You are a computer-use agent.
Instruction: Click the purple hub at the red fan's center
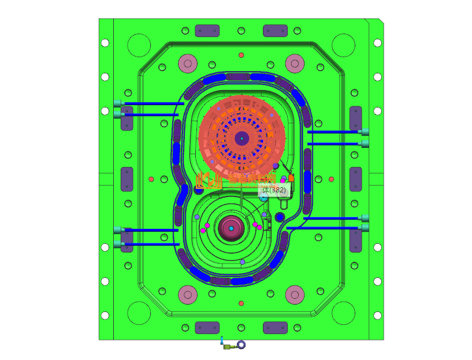click(x=241, y=138)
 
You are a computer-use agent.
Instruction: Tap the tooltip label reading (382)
click(x=273, y=189)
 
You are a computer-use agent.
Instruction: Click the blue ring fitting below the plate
click(x=241, y=345)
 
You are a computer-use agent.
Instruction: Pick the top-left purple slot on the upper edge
click(x=207, y=31)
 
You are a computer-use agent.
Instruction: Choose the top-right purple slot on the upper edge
click(x=275, y=31)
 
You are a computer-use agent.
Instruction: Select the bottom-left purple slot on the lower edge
click(x=207, y=328)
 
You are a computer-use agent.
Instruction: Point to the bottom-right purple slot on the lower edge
click(x=275, y=328)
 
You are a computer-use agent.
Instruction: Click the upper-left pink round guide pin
click(x=188, y=62)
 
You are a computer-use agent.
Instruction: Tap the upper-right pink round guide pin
click(x=295, y=62)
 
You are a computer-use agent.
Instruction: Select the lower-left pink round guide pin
click(x=188, y=295)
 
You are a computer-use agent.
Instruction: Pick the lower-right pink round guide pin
click(x=295, y=295)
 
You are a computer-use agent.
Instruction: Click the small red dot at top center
click(x=241, y=55)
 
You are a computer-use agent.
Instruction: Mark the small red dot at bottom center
click(x=241, y=303)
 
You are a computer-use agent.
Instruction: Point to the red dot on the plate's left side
click(x=151, y=179)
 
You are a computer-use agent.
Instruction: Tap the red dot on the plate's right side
click(x=331, y=179)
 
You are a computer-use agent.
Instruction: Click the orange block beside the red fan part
click(x=291, y=177)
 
